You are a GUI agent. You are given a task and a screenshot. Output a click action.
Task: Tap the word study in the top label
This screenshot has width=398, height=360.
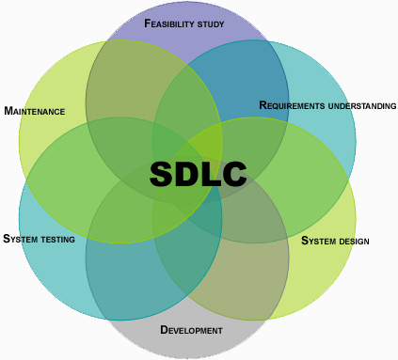coord(211,24)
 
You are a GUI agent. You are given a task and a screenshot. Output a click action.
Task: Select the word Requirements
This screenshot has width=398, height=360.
coord(292,105)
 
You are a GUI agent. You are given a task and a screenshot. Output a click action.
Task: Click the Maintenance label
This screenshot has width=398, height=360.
coord(35,111)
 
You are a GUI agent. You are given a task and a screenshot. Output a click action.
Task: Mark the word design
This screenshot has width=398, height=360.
coord(354,242)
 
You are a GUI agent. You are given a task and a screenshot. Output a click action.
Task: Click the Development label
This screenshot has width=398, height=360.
coord(191,330)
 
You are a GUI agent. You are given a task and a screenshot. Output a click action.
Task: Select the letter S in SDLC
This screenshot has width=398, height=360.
coord(162,174)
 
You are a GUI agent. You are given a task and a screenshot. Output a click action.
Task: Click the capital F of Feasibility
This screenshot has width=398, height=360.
coord(148,23)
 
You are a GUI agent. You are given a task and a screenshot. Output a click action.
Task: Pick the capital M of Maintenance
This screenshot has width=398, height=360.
coord(8,111)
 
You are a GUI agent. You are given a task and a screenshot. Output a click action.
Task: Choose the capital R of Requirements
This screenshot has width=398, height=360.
coord(263,105)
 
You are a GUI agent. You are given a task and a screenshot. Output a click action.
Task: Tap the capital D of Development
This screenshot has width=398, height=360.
coord(164,329)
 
